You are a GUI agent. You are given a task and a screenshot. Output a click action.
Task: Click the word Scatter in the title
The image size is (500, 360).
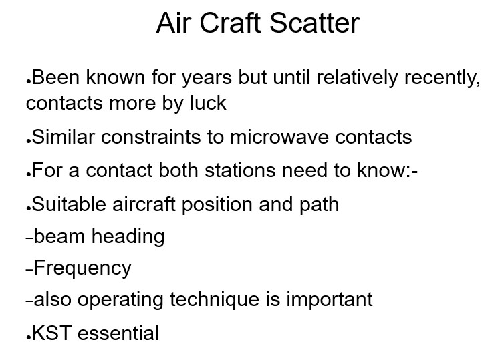(x=315, y=23)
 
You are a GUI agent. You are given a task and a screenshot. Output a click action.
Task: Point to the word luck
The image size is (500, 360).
(x=208, y=103)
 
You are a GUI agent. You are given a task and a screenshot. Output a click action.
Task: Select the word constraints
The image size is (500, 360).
(x=151, y=138)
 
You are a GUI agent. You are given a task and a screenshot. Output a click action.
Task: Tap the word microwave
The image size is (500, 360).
(x=279, y=138)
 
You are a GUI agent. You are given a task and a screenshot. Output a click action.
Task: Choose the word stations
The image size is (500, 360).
(x=240, y=170)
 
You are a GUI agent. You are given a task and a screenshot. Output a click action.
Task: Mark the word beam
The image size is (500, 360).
(x=59, y=236)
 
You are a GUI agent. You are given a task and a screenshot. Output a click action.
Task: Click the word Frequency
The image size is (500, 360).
(x=83, y=268)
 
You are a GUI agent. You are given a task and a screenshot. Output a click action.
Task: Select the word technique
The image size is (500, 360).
(x=215, y=300)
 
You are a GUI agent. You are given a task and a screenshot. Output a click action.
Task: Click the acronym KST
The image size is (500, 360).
(x=51, y=333)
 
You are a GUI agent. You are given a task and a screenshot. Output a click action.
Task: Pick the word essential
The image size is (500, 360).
(x=118, y=333)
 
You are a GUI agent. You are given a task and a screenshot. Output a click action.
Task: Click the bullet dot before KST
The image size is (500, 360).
(x=29, y=338)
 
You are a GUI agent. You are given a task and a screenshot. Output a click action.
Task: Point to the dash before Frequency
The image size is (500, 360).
(x=29, y=271)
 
